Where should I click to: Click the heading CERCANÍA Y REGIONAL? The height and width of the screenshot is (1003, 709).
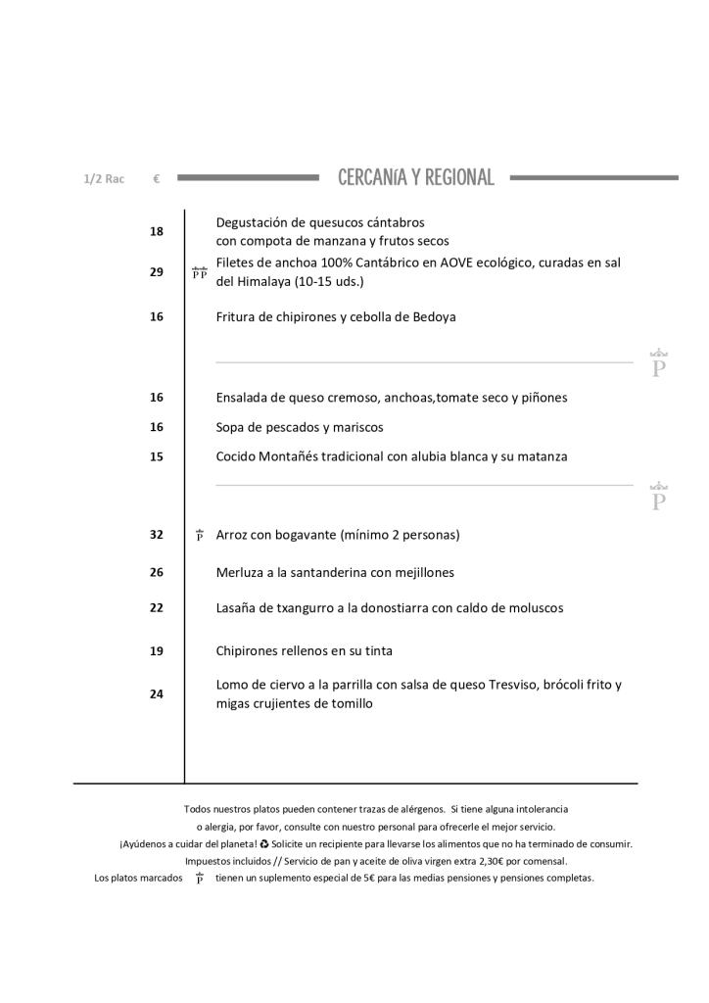click(415, 177)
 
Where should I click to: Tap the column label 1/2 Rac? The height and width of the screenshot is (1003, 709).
click(104, 179)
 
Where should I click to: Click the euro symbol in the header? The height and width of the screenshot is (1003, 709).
click(157, 179)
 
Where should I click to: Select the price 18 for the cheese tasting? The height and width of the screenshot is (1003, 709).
click(157, 231)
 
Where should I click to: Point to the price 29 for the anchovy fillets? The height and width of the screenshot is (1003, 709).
click(157, 272)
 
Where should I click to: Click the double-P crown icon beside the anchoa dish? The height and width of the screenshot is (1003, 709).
click(200, 273)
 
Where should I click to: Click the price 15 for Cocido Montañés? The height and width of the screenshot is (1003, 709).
click(157, 456)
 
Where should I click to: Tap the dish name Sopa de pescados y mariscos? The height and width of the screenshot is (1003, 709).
click(300, 427)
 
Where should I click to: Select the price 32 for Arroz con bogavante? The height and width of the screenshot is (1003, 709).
click(157, 535)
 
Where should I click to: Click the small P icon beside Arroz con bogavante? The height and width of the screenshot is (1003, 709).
click(200, 535)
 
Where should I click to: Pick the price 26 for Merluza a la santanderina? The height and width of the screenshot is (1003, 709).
click(157, 572)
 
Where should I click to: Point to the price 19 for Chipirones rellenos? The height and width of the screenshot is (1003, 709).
click(157, 650)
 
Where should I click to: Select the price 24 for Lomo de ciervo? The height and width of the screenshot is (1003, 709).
click(157, 694)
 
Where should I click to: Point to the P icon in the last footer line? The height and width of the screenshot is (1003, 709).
click(200, 879)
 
